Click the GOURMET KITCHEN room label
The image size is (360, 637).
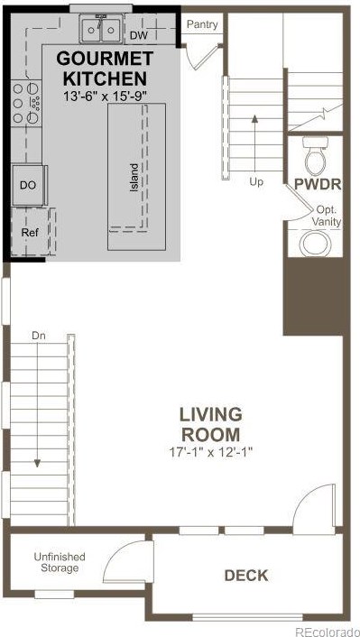pos(105,68)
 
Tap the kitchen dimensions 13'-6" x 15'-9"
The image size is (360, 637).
pos(105,97)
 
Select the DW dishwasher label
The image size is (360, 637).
pos(139,36)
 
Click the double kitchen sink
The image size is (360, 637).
pos(101,28)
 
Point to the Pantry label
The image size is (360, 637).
pos(202,24)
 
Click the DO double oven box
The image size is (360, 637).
pos(28,185)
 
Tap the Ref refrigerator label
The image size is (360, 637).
pos(30,233)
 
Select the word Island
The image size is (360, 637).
pos(134,178)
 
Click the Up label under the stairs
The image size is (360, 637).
pos(256,182)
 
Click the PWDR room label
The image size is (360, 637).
pos(318,184)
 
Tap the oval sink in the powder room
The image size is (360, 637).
pos(315,243)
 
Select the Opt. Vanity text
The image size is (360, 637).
pos(328,217)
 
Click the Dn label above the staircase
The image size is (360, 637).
pos(38,336)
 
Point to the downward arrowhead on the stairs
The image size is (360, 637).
pos(37,463)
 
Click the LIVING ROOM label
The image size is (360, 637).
pos(211,425)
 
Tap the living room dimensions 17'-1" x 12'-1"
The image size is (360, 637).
pos(212,452)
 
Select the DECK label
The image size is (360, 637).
pos(246,576)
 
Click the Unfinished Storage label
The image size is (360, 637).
pos(60,562)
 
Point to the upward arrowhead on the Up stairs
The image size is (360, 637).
pos(254,118)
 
